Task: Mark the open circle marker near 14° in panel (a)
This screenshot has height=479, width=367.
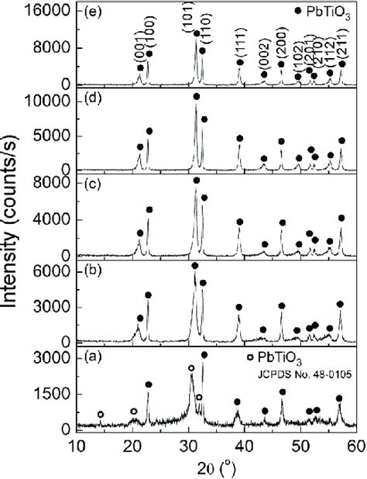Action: coord(101,415)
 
